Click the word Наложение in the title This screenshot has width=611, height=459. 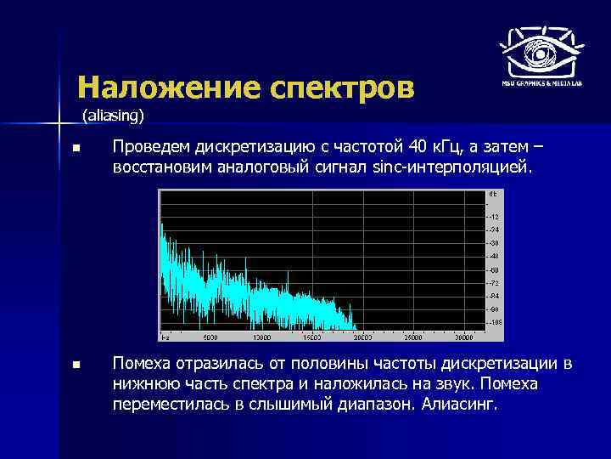[x=169, y=87]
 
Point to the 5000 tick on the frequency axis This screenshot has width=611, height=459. [x=212, y=337]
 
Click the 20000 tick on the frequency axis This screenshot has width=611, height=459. [x=365, y=337]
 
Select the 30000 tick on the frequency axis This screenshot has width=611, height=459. [x=463, y=337]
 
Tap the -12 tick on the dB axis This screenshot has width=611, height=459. [x=494, y=216]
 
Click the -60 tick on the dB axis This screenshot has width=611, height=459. [x=494, y=269]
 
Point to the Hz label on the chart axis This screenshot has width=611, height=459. [x=165, y=337]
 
